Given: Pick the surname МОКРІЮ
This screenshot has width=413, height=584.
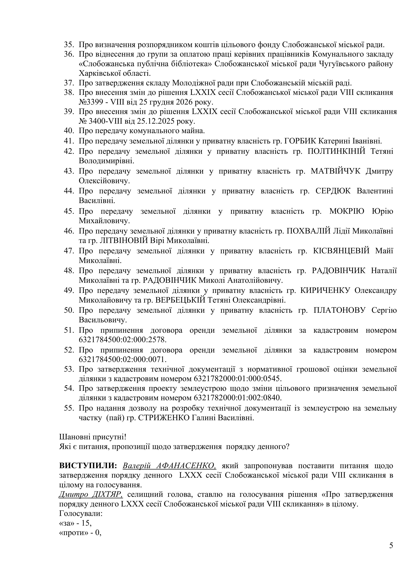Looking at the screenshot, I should pyautogui.click(x=347, y=211).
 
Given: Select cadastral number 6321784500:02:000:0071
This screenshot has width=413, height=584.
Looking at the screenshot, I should pyautogui.click(x=123, y=359).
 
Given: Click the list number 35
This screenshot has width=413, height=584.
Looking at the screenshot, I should pyautogui.click(x=69, y=45).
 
